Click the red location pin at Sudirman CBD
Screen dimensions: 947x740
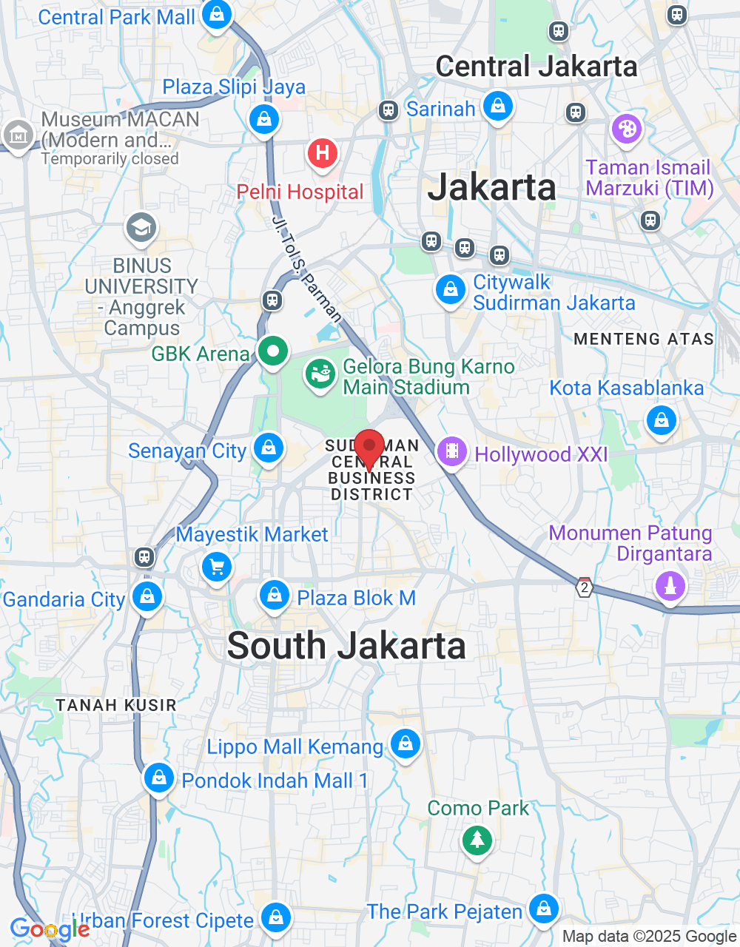point(369,447)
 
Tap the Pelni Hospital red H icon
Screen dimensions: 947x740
point(322,153)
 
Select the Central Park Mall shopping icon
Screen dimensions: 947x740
point(216,14)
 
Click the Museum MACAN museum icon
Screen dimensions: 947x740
point(18,135)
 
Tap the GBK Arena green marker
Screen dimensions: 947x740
point(272,351)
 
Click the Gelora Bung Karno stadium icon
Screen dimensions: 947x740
point(320,374)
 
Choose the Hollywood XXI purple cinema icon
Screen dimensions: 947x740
point(451,451)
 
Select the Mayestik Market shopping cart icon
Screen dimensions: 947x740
point(217,567)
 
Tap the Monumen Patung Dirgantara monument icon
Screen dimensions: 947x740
point(670,587)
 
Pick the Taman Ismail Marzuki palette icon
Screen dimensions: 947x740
point(627,129)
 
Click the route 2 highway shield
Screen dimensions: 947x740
point(585,588)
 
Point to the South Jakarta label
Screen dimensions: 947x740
point(346,646)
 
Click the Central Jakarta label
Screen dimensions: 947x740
point(536,67)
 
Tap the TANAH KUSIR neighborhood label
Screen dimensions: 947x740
point(116,705)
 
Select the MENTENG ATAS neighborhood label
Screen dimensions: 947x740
point(644,339)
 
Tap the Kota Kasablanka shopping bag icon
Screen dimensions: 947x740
point(662,420)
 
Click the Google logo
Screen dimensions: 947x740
point(50,929)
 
